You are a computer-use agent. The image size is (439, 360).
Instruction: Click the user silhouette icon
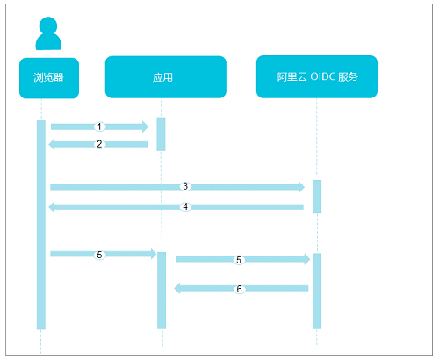click(48, 33)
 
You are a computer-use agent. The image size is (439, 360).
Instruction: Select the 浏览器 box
click(49, 78)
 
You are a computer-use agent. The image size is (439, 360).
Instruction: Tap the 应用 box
click(166, 77)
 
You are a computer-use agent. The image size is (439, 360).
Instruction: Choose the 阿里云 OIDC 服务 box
click(317, 76)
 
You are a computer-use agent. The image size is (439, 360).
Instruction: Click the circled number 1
click(99, 126)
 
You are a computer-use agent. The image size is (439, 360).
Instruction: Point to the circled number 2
click(99, 144)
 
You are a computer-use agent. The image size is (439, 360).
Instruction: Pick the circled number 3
click(185, 186)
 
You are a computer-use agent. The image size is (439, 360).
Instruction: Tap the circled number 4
click(185, 207)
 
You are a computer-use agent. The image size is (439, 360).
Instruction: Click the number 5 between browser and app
click(99, 255)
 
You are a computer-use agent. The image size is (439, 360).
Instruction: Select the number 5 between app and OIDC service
click(239, 260)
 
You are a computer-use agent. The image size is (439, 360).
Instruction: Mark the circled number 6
click(239, 289)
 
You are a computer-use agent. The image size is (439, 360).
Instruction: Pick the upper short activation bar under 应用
click(161, 134)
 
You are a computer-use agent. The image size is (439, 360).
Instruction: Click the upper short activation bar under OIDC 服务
click(317, 197)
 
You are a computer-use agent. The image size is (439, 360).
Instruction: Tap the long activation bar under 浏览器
click(41, 225)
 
